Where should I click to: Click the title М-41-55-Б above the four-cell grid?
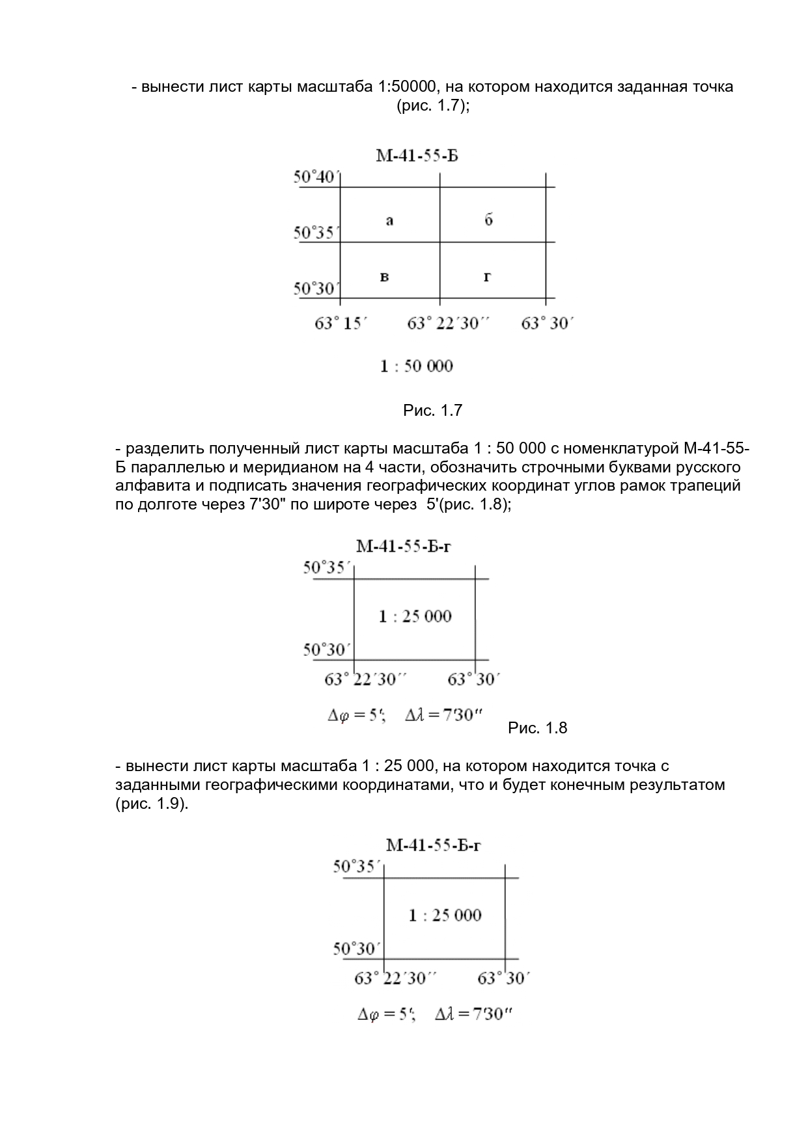[x=417, y=156]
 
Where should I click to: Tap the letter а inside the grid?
[x=389, y=221]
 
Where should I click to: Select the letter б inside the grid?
[x=488, y=219]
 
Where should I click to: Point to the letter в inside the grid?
[x=385, y=277]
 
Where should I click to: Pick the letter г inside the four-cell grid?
[x=488, y=277]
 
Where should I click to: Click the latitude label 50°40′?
[x=316, y=177]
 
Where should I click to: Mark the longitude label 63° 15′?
[x=341, y=323]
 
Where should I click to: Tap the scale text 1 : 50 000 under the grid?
[x=416, y=366]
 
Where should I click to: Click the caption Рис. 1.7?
[x=432, y=411]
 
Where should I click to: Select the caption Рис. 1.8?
[x=537, y=728]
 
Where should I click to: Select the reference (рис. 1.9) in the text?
[x=151, y=804]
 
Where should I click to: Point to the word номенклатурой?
[x=622, y=449]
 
